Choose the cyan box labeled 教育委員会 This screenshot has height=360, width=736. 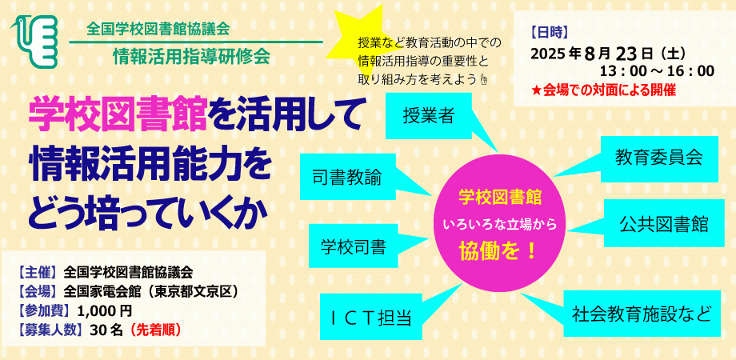click(658, 157)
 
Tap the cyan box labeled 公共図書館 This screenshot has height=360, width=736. click(663, 225)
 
